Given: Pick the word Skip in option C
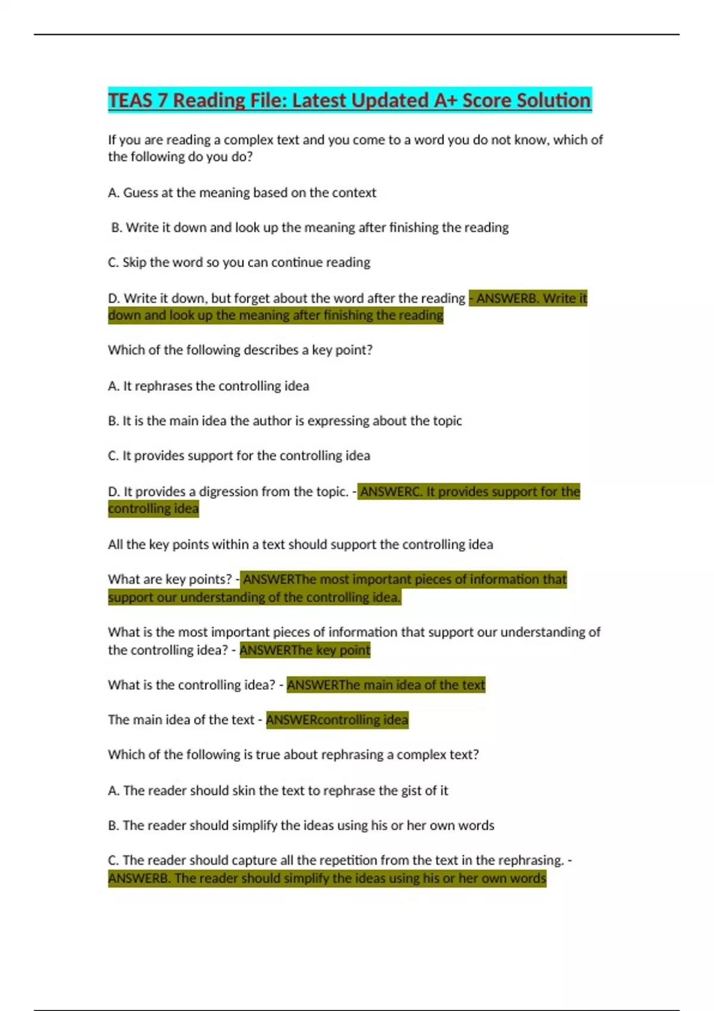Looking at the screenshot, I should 134,262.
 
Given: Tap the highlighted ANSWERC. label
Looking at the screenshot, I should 391,492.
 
